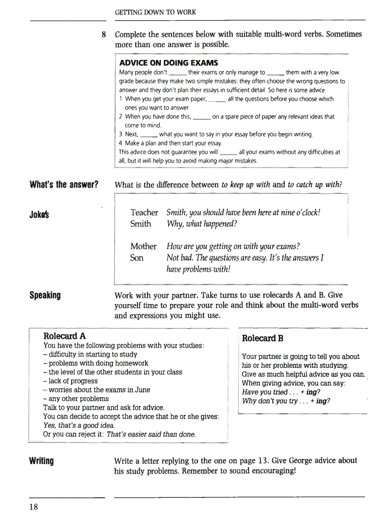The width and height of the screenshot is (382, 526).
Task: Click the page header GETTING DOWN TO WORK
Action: (x=155, y=12)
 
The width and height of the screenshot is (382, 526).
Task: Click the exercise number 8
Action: (x=104, y=35)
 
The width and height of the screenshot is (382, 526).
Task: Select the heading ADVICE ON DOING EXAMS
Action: (x=169, y=63)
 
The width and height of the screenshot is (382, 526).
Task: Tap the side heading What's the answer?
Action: (x=64, y=184)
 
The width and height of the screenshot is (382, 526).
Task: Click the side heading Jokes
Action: (x=40, y=215)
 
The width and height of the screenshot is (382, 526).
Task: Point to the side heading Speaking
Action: (x=45, y=296)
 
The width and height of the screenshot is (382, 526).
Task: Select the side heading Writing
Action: (x=42, y=461)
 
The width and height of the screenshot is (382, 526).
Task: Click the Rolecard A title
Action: (x=65, y=336)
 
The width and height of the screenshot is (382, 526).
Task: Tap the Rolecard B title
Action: (x=263, y=338)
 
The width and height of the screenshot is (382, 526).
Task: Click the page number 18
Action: (x=33, y=507)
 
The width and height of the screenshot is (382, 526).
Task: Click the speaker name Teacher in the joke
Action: (x=144, y=213)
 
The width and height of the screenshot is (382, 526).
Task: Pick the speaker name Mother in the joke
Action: (x=143, y=246)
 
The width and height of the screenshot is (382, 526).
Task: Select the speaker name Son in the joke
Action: (x=137, y=258)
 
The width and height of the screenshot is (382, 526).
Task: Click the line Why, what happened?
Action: (x=202, y=224)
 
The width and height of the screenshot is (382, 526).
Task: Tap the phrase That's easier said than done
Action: (x=151, y=434)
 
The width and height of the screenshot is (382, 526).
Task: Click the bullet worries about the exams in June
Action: (x=96, y=390)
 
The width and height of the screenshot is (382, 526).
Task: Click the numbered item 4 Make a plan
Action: (x=170, y=143)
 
